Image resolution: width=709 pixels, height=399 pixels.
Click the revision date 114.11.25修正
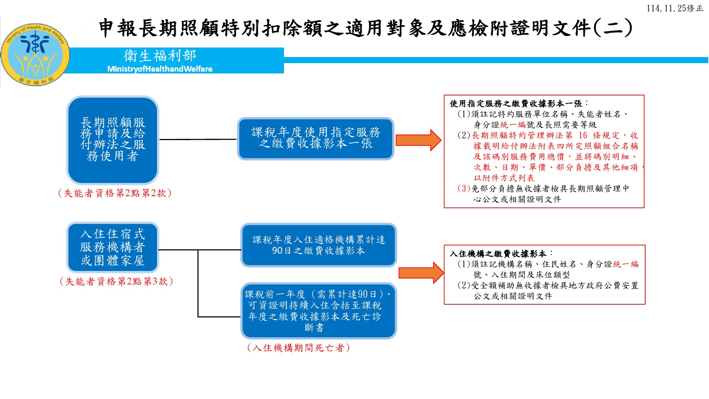pyautogui.click(x=675, y=8)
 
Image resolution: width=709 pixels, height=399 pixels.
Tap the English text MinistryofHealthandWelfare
pyautogui.click(x=160, y=69)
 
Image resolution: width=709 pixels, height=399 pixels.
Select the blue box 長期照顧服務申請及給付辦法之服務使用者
pyautogui.click(x=113, y=140)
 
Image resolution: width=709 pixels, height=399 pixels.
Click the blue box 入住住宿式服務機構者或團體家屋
pyautogui.click(x=113, y=247)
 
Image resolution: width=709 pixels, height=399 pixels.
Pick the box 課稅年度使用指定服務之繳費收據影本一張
pyautogui.click(x=316, y=138)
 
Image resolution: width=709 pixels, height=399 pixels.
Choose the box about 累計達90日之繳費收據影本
pyautogui.click(x=318, y=245)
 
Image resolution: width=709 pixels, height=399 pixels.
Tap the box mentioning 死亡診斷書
pyautogui.click(x=318, y=311)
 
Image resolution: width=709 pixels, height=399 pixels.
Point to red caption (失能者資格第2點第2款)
pyautogui.click(x=115, y=193)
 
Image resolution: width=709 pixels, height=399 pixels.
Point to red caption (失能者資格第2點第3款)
pyautogui.click(x=116, y=281)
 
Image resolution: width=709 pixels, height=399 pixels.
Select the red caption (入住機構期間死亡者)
pyautogui.click(x=298, y=348)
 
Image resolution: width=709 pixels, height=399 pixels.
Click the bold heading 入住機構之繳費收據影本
pyautogui.click(x=498, y=254)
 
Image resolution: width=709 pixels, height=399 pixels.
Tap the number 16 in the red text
pyautogui.click(x=583, y=135)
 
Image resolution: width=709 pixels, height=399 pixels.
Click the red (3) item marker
pyautogui.click(x=464, y=188)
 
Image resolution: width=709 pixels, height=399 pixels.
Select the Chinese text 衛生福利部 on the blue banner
pyautogui.click(x=160, y=56)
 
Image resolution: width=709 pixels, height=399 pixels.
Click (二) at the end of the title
pyautogui.click(x=613, y=28)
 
